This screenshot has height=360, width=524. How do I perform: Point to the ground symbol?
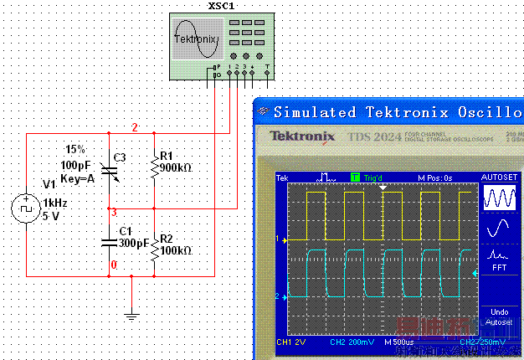click(x=131, y=316)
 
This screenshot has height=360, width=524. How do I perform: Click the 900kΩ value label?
click(x=176, y=167)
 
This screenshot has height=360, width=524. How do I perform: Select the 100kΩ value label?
click(x=176, y=250)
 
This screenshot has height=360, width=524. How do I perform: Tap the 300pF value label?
click(x=134, y=243)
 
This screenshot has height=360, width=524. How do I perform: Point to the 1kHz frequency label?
click(x=55, y=203)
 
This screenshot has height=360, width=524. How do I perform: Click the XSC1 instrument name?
click(x=220, y=6)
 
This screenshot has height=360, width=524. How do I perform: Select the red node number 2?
click(x=134, y=127)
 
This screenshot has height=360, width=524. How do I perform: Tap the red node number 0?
click(x=115, y=265)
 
